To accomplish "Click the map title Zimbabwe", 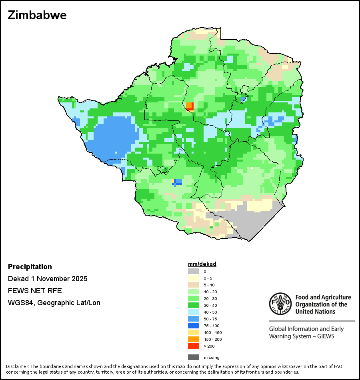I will (37, 15).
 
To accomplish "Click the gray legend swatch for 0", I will (194, 271).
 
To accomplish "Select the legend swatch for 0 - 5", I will (194, 278).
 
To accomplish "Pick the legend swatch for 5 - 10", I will (194, 285).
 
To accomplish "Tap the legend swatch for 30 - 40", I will (194, 305).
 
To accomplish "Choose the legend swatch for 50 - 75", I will (194, 319).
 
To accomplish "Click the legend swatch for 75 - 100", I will (194, 326).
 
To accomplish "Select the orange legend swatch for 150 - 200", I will (194, 339).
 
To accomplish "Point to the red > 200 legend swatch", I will (194, 346).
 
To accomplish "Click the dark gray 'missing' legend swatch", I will (194, 357).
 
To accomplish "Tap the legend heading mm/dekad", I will (202, 264).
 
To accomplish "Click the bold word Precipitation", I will (30, 267).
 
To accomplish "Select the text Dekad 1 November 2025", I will (48, 279).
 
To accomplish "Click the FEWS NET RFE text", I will (35, 291).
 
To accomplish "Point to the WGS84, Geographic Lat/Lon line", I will (54, 303).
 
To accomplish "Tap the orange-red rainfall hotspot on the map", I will (190, 106).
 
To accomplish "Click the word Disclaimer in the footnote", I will (18, 366).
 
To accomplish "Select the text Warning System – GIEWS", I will (301, 336).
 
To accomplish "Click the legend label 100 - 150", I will (212, 332).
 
